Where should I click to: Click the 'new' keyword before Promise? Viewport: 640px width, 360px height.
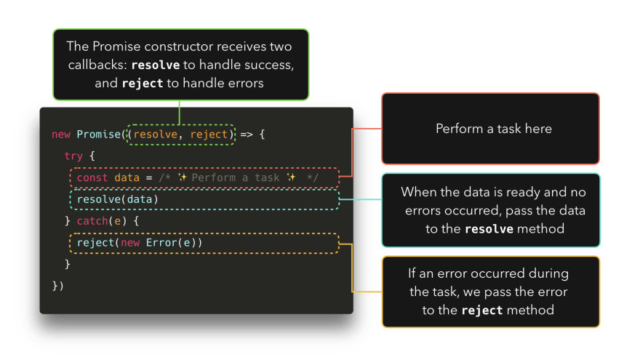[60, 135]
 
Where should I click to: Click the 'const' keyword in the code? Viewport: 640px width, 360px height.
[92, 177]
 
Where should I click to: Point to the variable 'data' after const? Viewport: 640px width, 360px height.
[127, 177]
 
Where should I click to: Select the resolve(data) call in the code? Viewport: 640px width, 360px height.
[117, 199]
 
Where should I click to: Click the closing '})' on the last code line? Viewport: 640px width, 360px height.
[58, 285]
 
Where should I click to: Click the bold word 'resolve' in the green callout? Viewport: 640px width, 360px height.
[156, 65]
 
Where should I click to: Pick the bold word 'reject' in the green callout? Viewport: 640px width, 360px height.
[143, 83]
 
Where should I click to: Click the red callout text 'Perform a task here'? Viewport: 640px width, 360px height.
[494, 129]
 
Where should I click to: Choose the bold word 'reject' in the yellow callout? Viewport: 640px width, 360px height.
[482, 311]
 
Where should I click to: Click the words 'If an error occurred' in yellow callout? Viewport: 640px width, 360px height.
[488, 274]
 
